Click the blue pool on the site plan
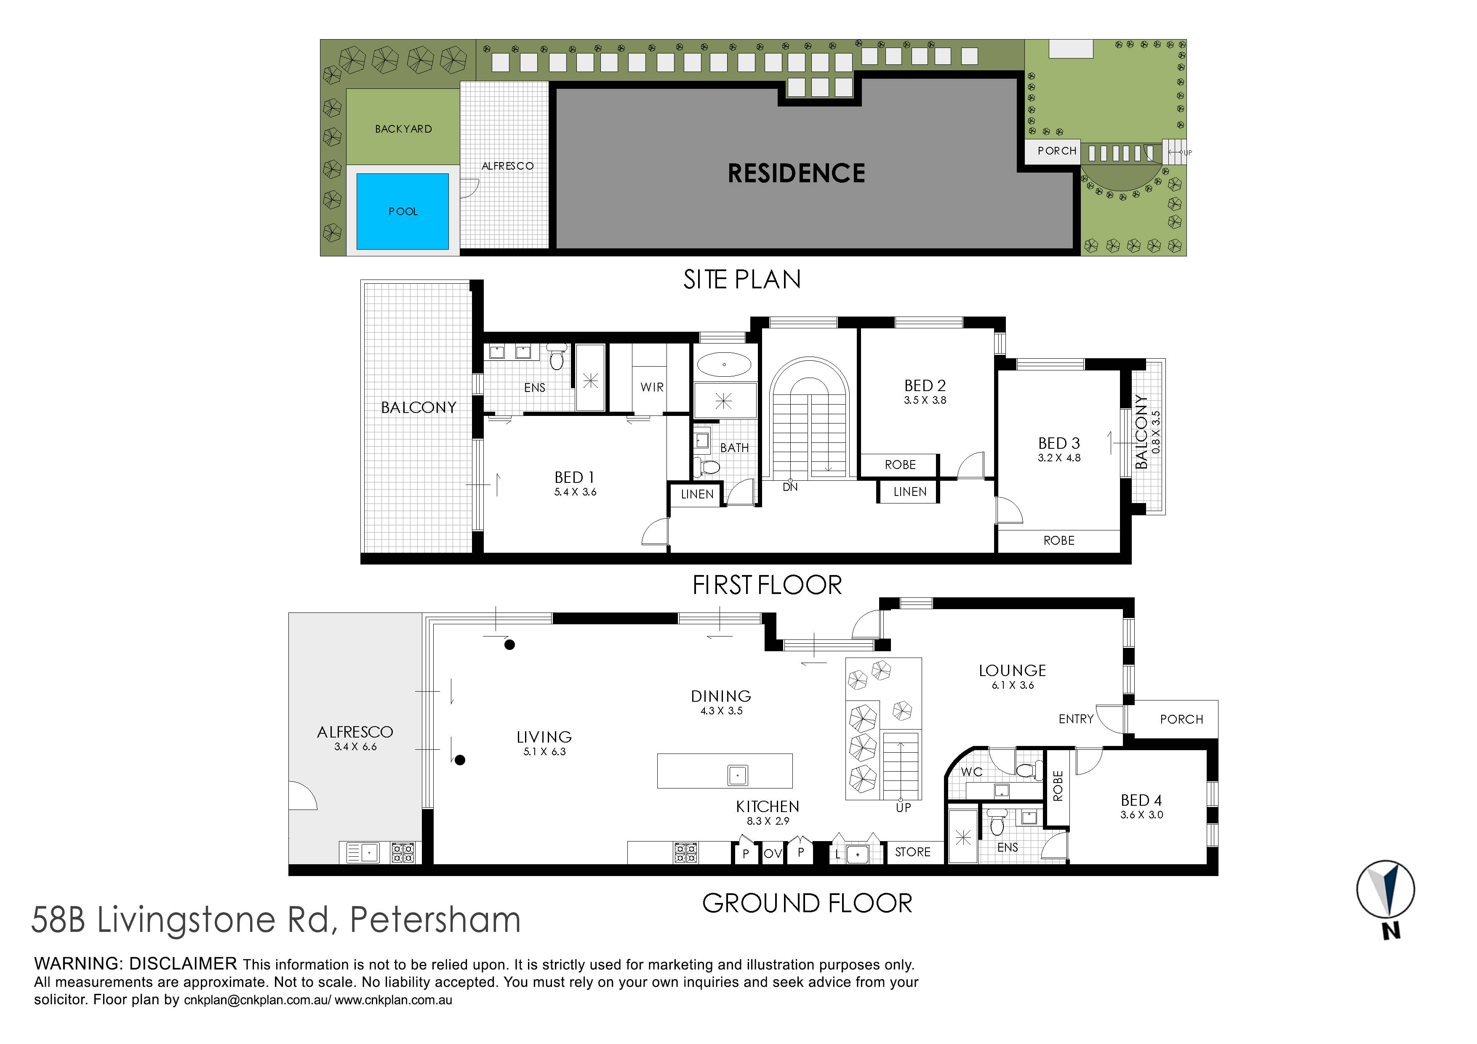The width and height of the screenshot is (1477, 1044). coord(402,211)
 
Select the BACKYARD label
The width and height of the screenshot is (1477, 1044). coord(403,129)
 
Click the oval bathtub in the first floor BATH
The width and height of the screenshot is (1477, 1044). coord(724,365)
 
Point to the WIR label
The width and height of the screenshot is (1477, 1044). coord(652,387)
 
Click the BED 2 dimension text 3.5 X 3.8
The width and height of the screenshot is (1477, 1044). coord(925,400)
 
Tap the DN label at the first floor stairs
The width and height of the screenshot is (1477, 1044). coord(790,487)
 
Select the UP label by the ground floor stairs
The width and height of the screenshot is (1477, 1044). coord(903,807)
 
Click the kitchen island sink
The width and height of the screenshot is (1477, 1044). coord(737,775)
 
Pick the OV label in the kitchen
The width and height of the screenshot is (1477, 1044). coord(773,854)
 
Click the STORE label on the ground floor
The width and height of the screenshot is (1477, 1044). coord(912,852)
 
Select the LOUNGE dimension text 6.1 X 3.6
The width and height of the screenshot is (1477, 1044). coord(1013,685)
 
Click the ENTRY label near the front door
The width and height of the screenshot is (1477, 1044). coord(1076,719)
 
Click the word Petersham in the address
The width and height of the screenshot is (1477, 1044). coord(435,919)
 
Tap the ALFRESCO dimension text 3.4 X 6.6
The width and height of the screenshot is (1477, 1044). coord(355,747)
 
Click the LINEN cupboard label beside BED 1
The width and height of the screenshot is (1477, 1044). coord(697,494)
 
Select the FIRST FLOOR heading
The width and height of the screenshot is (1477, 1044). coord(767,585)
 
